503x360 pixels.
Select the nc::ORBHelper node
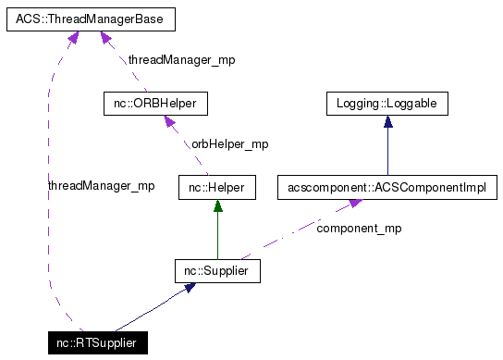[x=155, y=103]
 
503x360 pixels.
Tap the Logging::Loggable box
[x=386, y=103]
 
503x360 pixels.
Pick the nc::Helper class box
[x=216, y=188]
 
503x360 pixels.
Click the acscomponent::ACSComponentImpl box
[x=387, y=188]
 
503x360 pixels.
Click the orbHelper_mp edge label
[x=229, y=144]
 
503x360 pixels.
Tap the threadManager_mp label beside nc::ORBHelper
[x=181, y=59]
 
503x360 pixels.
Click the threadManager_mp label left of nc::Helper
[x=101, y=186]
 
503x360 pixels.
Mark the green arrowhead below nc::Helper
[x=216, y=206]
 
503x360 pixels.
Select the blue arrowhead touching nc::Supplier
[x=190, y=288]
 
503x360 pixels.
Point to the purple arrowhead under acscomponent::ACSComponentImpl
[x=353, y=205]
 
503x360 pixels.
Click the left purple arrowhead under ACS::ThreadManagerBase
[x=70, y=37]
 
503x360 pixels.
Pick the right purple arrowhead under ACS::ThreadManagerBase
[x=107, y=38]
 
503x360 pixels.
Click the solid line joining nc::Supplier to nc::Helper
[x=216, y=236]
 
